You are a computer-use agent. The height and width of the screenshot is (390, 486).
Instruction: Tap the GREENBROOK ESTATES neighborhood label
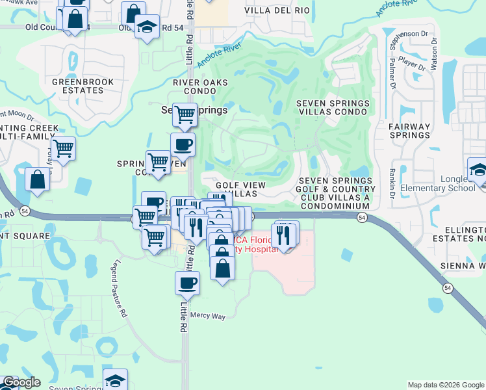(x=83, y=86)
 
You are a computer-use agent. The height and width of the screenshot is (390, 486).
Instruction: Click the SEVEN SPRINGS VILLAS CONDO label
(x=333, y=108)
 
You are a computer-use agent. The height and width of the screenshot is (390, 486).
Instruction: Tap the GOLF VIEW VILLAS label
(x=240, y=189)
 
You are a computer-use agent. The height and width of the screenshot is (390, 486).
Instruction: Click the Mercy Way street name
(x=208, y=316)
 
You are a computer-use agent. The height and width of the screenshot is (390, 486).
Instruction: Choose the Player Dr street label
(x=412, y=63)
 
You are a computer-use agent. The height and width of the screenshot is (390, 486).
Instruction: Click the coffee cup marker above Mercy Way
(x=187, y=283)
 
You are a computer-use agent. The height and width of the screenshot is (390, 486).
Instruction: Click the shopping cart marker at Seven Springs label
(x=185, y=115)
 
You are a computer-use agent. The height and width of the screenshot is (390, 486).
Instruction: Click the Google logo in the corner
(x=21, y=383)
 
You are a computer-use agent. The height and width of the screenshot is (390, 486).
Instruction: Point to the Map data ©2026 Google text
(x=446, y=385)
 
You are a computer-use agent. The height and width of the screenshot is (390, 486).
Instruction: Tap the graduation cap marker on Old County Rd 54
(x=147, y=27)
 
